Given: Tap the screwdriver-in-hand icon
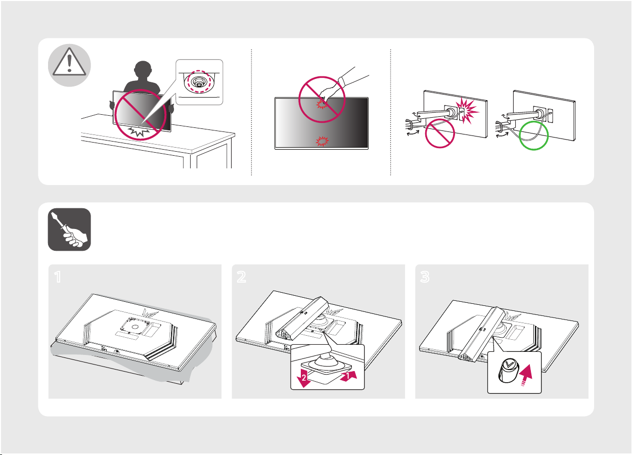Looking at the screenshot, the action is pyautogui.click(x=69, y=230).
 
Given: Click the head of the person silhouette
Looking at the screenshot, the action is pyautogui.click(x=143, y=71).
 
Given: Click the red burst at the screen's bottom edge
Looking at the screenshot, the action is pyautogui.click(x=322, y=142).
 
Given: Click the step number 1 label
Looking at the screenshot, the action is pyautogui.click(x=58, y=277).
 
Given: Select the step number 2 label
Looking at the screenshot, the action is pyautogui.click(x=241, y=277).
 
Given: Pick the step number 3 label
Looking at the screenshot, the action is pyautogui.click(x=425, y=277).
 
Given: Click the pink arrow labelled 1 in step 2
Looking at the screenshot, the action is pyautogui.click(x=349, y=376).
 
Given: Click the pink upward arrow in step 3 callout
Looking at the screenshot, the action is pyautogui.click(x=526, y=374).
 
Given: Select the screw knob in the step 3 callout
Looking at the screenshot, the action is pyautogui.click(x=508, y=371).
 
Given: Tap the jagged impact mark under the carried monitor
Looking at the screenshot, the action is pyautogui.click(x=139, y=131).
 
